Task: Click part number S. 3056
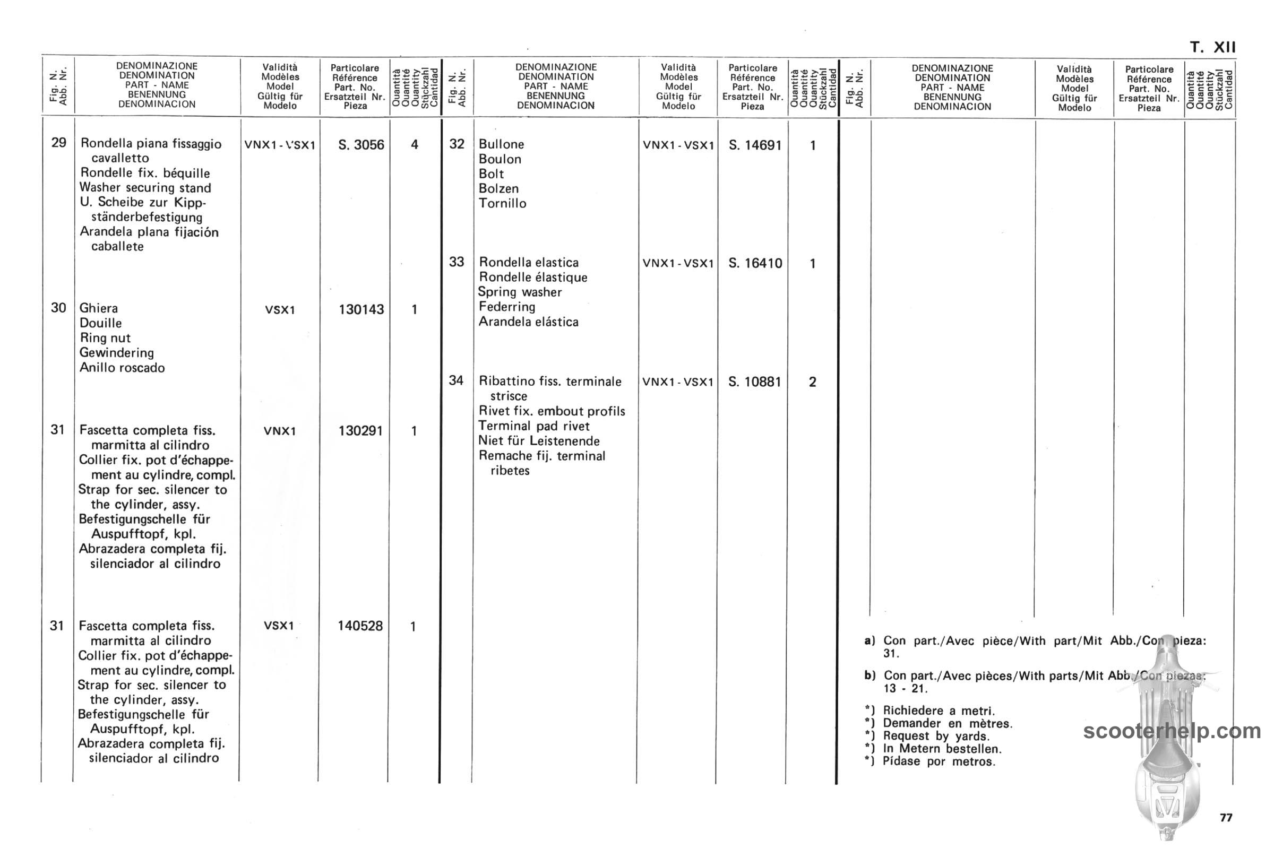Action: coord(361,145)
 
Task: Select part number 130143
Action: coord(361,310)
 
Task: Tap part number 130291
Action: coord(360,431)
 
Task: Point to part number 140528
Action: coord(360,626)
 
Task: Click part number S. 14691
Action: coord(754,145)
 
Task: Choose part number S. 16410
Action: coord(754,263)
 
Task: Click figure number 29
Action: coord(58,142)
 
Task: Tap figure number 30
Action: coord(58,308)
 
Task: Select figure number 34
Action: coord(456,380)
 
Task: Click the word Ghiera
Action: coord(99,308)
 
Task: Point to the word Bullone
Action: coord(501,144)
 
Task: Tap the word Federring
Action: coord(506,307)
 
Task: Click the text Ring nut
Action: coord(105,338)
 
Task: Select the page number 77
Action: coord(1226,818)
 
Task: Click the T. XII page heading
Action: coord(1213,47)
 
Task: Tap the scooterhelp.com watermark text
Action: coord(1172,731)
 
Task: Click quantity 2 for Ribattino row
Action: coord(812,382)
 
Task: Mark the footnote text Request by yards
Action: coord(935,736)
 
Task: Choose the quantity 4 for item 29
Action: coord(415,144)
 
